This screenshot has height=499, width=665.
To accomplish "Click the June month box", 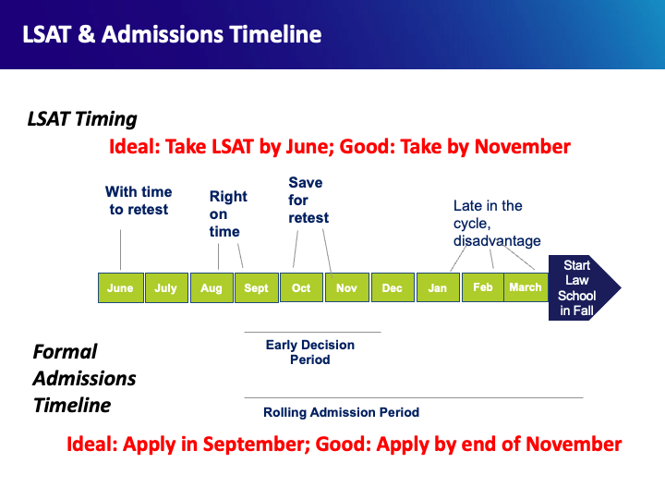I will [x=120, y=287].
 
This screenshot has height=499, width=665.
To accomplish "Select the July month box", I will [x=165, y=287].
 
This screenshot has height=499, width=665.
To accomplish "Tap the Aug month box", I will [x=212, y=287].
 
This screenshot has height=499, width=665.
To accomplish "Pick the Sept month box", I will [x=256, y=287].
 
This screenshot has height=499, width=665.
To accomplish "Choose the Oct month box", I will [x=301, y=287].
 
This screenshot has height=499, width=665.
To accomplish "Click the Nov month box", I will [x=346, y=287].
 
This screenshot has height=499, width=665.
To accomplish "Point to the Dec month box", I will [x=393, y=287].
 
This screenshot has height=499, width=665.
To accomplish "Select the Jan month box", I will [x=438, y=287].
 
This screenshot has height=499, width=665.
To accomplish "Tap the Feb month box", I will [x=483, y=287].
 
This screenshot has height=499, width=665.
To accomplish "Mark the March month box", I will [x=526, y=287].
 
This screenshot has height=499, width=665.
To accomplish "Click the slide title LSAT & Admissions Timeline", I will [x=172, y=35].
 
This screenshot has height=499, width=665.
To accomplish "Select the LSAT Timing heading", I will [x=82, y=119].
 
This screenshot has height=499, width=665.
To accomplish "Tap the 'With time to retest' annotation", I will [x=139, y=201].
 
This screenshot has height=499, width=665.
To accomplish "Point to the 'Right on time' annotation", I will [x=227, y=213].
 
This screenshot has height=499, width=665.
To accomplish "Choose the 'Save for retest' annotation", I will [x=308, y=201].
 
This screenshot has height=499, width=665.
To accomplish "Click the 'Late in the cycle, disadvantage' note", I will [x=497, y=224].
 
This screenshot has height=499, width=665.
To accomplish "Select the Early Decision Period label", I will [x=310, y=352].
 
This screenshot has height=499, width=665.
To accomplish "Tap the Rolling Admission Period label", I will [x=342, y=412].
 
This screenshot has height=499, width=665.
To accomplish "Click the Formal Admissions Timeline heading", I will [x=84, y=378].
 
